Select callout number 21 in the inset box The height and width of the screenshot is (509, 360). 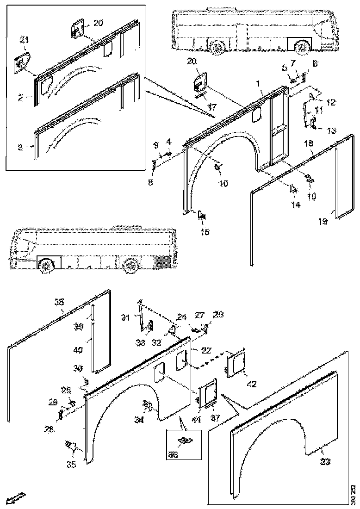click(x=24, y=41)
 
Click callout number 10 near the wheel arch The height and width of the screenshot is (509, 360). click(x=223, y=183)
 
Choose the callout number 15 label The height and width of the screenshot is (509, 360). click(x=205, y=232)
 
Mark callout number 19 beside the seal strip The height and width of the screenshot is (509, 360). click(x=323, y=222)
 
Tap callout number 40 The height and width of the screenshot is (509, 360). click(x=78, y=350)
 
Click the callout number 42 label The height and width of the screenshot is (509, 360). click(x=251, y=384)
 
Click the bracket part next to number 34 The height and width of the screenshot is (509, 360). click(x=148, y=406)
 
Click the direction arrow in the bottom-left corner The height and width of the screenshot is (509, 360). click(x=15, y=498)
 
